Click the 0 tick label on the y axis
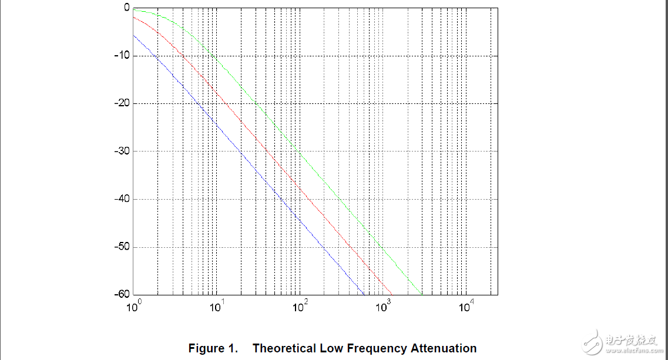126,8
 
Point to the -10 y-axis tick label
121,56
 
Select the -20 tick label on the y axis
121,103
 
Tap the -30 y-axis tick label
121,152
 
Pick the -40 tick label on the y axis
121,199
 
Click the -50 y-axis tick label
121,247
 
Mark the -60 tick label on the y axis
121,294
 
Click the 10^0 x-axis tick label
134,305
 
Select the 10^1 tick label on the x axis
217,305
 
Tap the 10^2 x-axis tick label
300,305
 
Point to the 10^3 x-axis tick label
383,305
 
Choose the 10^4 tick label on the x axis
466,305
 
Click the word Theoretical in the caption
284,348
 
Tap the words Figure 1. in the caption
213,348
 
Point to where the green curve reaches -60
422,294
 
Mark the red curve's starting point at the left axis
134,16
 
